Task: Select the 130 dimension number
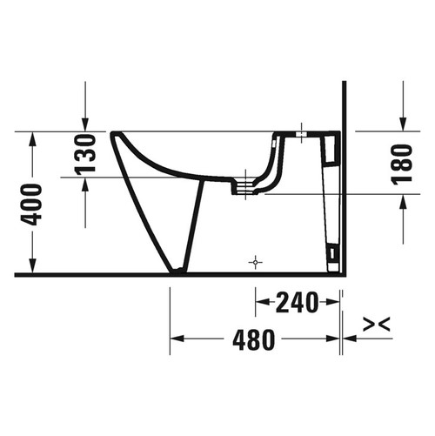click(85, 155)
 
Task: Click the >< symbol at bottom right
click(376, 325)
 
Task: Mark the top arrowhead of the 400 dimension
click(32, 138)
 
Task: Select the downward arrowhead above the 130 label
click(85, 124)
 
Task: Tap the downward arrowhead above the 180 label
click(403, 124)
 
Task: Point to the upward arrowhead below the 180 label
click(403, 201)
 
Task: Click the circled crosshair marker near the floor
click(254, 260)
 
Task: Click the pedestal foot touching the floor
click(177, 271)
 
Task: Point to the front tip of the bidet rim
click(113, 134)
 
